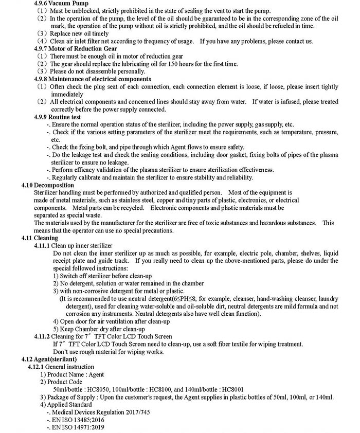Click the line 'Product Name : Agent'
[x=77, y=374]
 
